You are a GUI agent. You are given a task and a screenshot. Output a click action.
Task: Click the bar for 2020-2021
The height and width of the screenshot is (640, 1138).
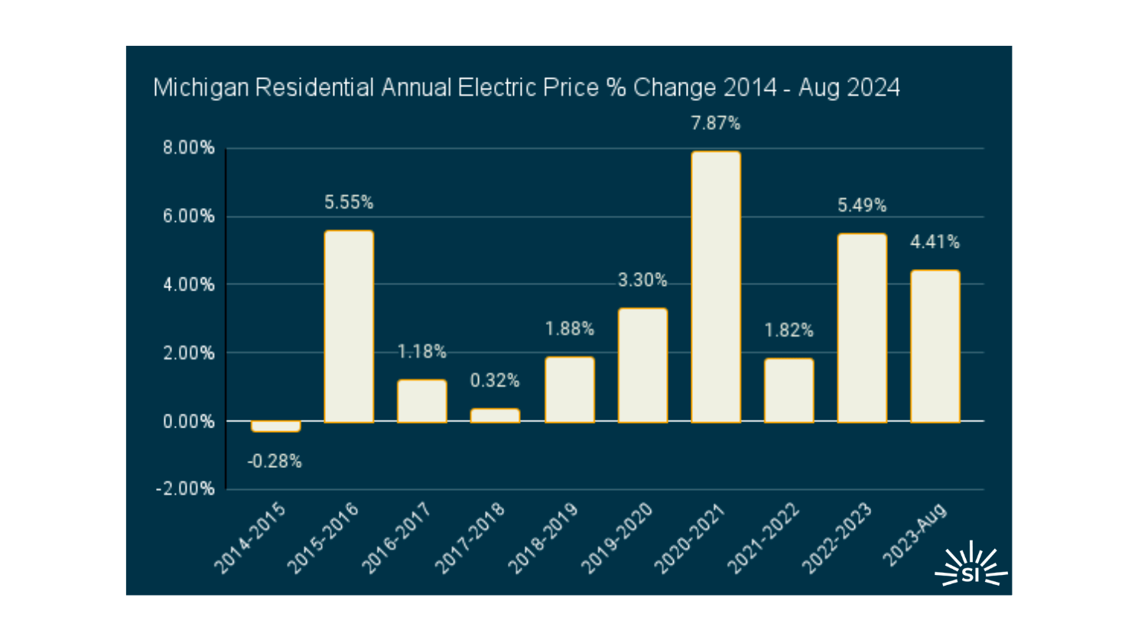click(x=716, y=287)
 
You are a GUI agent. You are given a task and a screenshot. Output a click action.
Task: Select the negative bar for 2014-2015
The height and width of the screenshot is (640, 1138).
click(x=275, y=427)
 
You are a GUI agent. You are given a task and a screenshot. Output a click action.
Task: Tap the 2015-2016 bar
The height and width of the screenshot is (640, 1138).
click(x=349, y=326)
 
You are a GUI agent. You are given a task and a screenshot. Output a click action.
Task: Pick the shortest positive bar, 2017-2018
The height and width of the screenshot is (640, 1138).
click(x=495, y=415)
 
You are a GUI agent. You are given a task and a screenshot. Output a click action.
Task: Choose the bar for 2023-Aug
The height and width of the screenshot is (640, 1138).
click(x=935, y=346)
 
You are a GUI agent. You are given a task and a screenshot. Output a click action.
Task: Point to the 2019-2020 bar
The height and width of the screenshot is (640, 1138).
click(x=642, y=365)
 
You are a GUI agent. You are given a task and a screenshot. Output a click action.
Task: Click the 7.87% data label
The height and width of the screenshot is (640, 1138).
click(x=716, y=123)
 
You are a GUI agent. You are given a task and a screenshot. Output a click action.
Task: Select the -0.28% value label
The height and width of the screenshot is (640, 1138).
click(x=275, y=461)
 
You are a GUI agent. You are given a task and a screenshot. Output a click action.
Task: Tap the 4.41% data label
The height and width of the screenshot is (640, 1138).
click(x=935, y=242)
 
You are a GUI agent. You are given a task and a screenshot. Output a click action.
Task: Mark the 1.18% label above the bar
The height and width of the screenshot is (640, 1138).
click(x=421, y=352)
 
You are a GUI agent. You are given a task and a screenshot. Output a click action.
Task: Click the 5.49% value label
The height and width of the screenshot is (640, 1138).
click(x=862, y=206)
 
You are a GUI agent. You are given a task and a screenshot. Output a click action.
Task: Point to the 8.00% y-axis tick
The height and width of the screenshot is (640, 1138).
click(x=188, y=148)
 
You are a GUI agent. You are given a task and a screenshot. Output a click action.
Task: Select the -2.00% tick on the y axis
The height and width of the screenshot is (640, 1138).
click(x=186, y=489)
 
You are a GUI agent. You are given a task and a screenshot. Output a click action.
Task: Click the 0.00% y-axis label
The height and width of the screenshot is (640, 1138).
click(x=188, y=421)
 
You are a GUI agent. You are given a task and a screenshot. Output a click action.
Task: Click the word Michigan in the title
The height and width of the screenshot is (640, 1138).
click(x=201, y=88)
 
